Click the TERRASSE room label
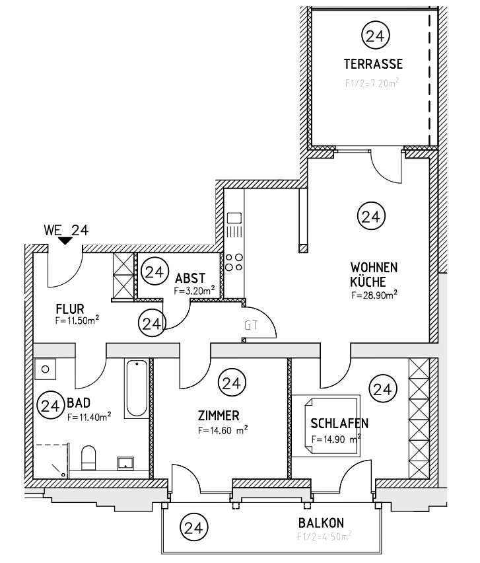point(373,64)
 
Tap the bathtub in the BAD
point(137,388)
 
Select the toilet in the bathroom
point(88,457)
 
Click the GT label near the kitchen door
point(251,325)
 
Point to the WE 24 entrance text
point(65,231)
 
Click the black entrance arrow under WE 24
point(65,242)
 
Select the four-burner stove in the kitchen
point(233,262)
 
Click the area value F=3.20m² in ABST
point(195,290)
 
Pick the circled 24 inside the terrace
point(374,36)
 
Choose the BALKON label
point(321,523)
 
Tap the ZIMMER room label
point(218,416)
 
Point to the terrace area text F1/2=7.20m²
point(373,84)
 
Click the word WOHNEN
point(374,268)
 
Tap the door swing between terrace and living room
point(386,167)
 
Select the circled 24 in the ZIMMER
point(230,383)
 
